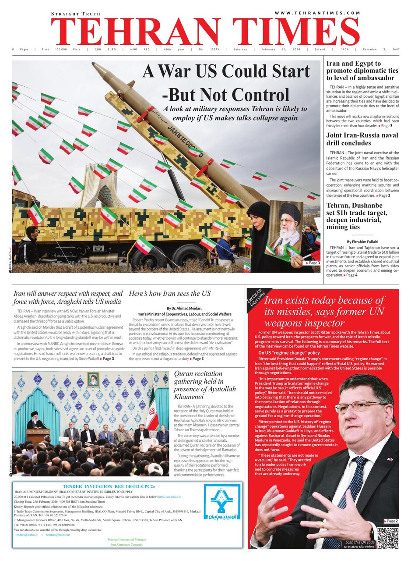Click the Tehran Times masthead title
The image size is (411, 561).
205,32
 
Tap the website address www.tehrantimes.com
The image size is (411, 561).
318,13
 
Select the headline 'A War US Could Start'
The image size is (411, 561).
226,71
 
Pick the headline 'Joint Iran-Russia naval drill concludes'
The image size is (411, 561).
362,139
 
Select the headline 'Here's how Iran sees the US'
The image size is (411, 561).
170,293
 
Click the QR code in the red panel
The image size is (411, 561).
387,538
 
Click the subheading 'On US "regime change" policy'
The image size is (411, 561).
289,352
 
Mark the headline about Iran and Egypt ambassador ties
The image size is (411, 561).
362,71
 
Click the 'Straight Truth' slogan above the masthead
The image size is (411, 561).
76,14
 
